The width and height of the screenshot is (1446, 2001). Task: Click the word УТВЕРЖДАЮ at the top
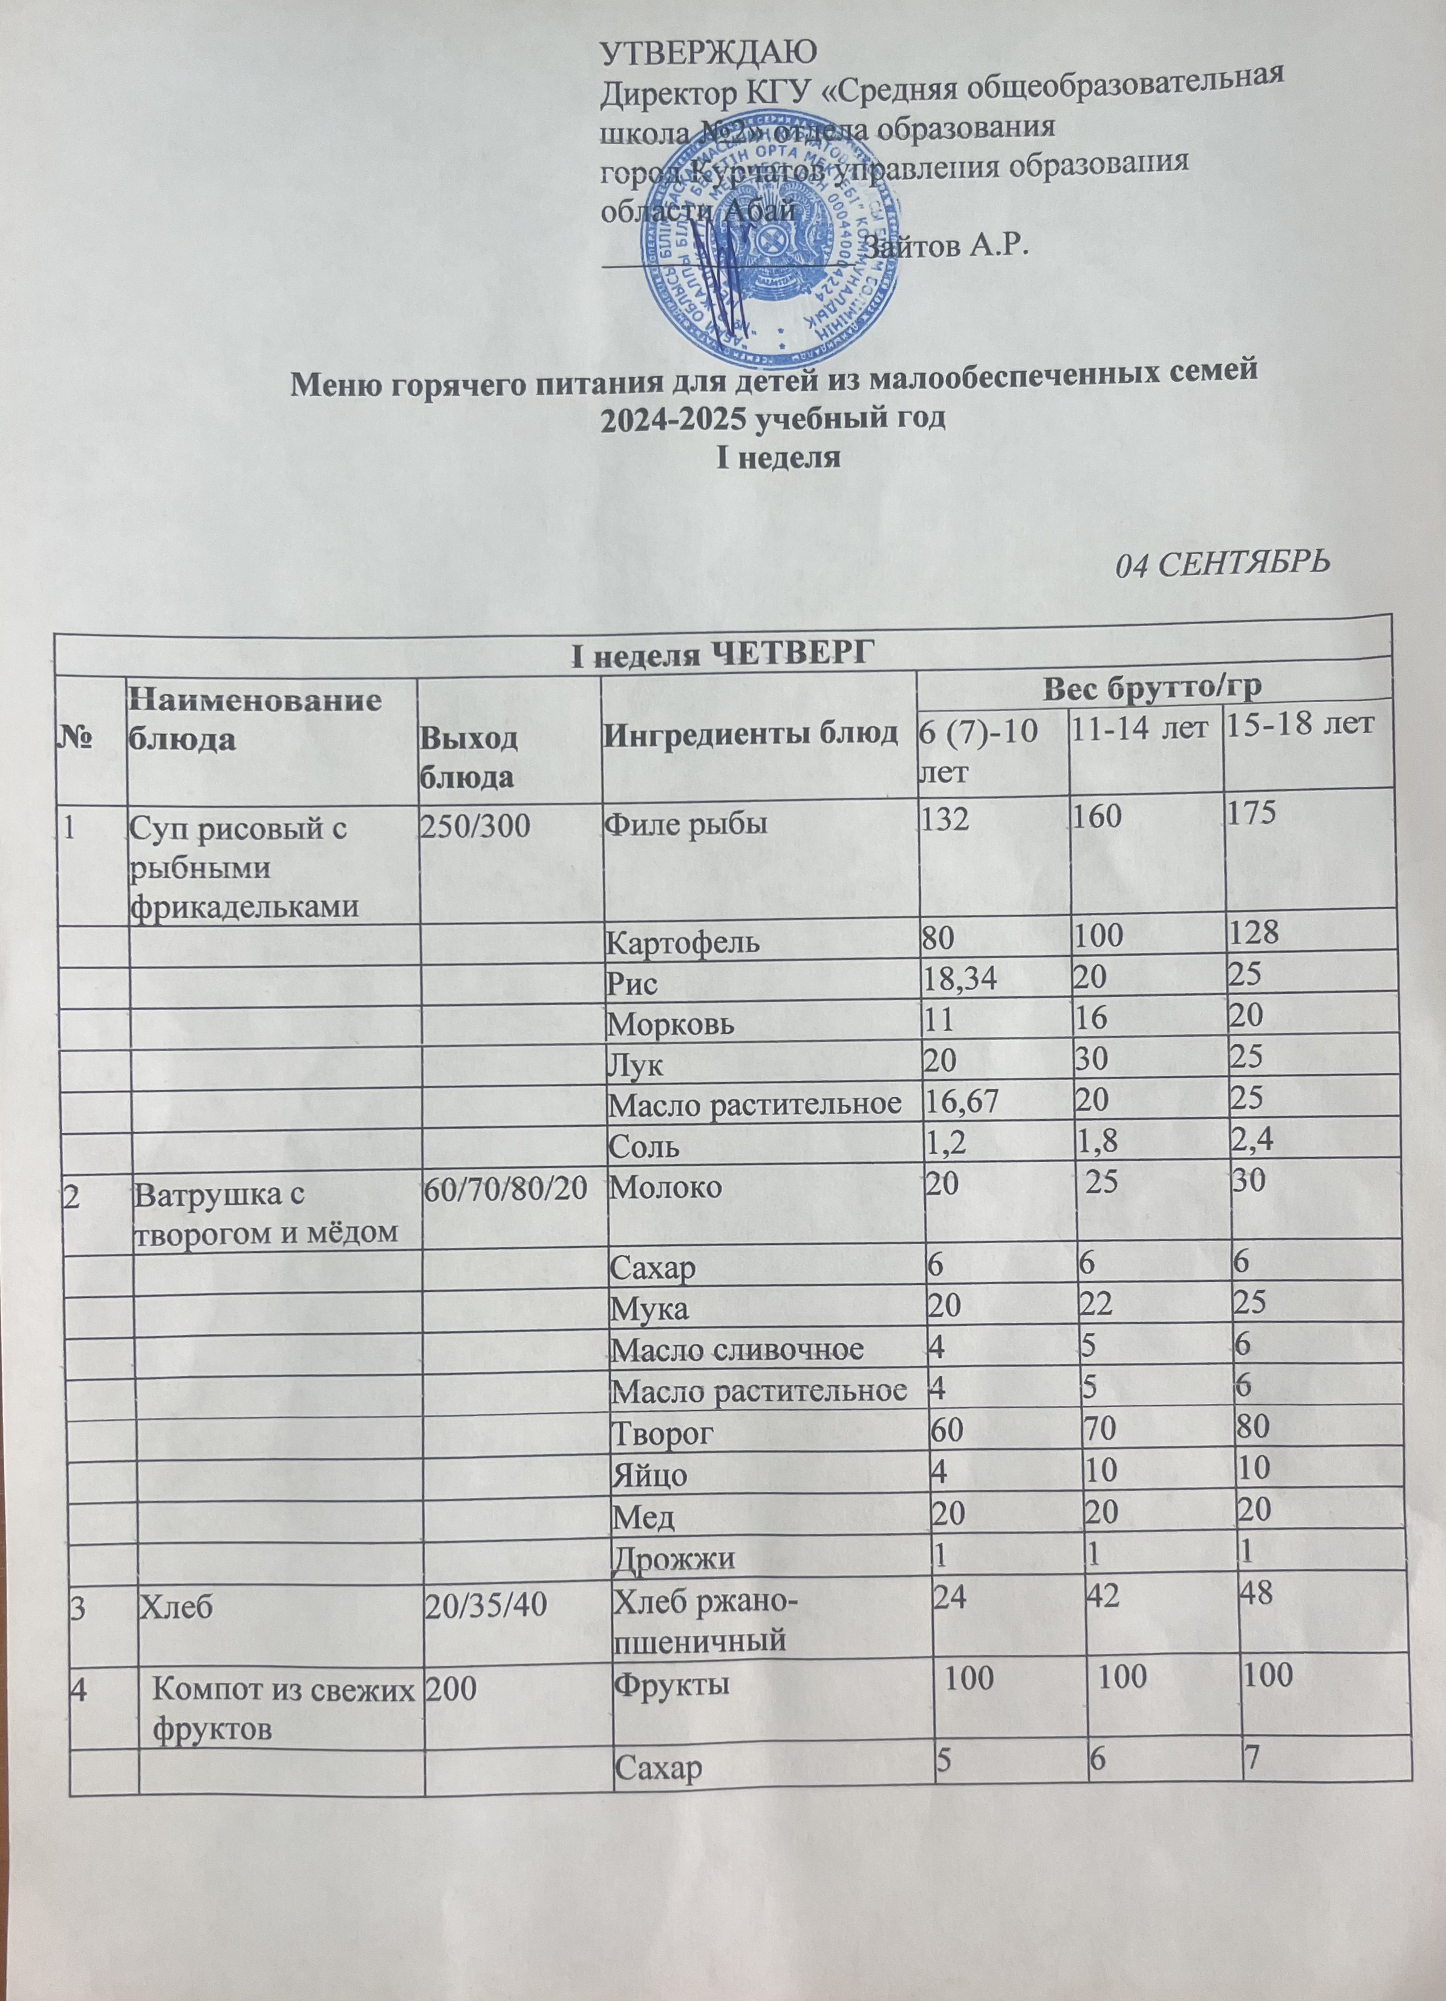pyautogui.click(x=708, y=53)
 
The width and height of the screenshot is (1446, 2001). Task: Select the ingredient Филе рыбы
pyautogui.click(x=685, y=827)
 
